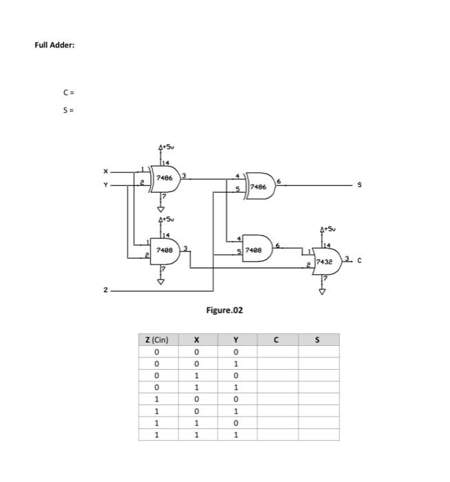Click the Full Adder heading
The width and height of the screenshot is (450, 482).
(x=54, y=45)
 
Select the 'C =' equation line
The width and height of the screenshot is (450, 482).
(x=66, y=92)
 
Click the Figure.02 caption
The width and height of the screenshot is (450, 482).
(x=225, y=311)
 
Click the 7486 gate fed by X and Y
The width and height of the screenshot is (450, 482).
(x=166, y=177)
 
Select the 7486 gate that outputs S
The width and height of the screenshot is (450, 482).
(x=260, y=186)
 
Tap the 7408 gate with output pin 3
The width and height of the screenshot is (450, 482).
(x=166, y=249)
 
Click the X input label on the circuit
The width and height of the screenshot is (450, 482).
(x=105, y=171)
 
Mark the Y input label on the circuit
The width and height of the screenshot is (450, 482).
(x=105, y=184)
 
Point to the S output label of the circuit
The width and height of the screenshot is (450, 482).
(x=358, y=185)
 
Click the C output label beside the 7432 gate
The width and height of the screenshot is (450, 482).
(x=360, y=260)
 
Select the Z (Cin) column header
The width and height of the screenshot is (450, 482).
(x=157, y=339)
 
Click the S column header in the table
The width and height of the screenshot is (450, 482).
(x=317, y=339)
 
